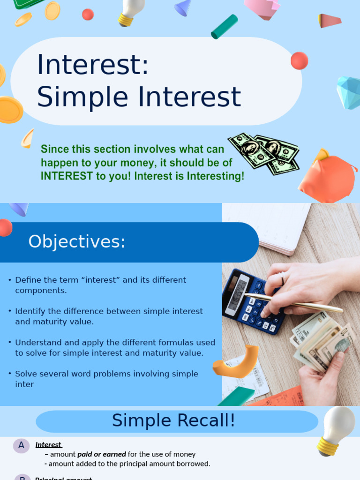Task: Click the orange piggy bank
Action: [327, 179]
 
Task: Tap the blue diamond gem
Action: [350, 92]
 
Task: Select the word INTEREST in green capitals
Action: [67, 176]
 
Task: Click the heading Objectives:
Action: [77, 242]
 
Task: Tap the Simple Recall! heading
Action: [173, 421]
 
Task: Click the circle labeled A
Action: [21, 446]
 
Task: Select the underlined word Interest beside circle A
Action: [48, 445]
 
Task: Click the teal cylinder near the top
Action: [224, 27]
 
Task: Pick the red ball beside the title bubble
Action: [299, 61]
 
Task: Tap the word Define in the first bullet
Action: [29, 280]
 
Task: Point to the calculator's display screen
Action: [237, 294]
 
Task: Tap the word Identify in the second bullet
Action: [30, 311]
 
